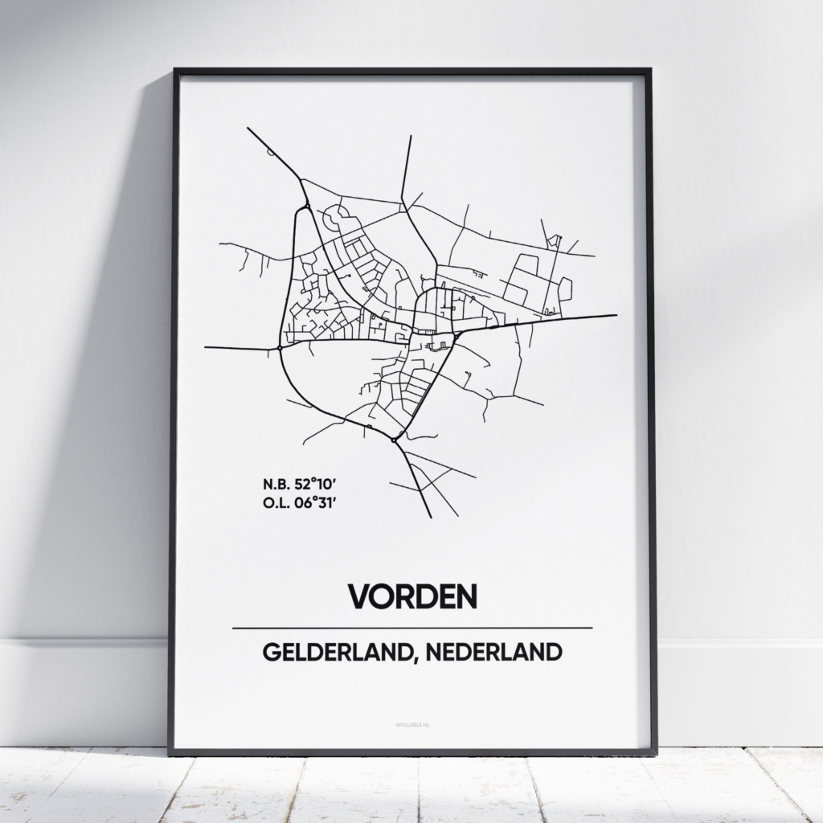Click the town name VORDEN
click(x=411, y=596)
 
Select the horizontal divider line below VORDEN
click(x=411, y=628)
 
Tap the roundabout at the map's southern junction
click(x=394, y=439)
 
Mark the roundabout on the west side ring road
click(x=278, y=348)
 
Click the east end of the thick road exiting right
click(x=615, y=316)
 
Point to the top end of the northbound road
click(x=411, y=137)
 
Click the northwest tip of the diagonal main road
click(x=248, y=129)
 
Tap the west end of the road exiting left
click(x=207, y=347)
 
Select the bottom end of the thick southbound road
click(x=432, y=516)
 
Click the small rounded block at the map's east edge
click(x=565, y=288)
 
